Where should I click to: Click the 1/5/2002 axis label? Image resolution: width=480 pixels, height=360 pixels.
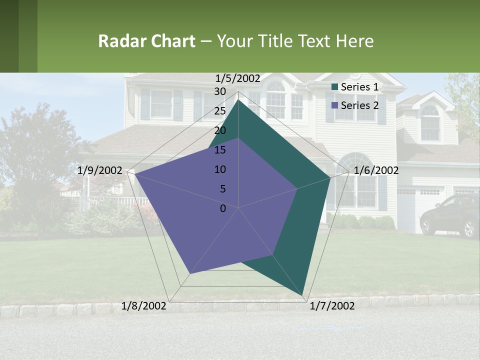point(238,78)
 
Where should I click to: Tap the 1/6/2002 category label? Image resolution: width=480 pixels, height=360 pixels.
point(376,170)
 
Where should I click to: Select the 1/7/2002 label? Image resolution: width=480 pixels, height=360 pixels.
point(332,306)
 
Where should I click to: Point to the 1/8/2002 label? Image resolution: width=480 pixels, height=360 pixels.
point(144,306)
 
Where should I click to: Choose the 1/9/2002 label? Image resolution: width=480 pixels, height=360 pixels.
point(100,170)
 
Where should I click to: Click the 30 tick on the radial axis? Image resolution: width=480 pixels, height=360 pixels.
point(220,91)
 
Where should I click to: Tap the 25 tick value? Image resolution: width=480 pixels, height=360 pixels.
point(220,111)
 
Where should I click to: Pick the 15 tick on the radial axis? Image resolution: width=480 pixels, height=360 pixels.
point(220,150)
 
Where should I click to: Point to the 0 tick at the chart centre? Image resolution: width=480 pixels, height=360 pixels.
point(223,208)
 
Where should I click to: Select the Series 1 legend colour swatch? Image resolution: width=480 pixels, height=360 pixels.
point(335,87)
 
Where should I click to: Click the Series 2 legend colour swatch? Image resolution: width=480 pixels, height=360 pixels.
point(335,105)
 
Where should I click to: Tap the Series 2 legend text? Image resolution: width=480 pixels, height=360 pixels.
point(359,105)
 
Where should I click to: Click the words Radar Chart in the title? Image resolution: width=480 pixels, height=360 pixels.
point(146,41)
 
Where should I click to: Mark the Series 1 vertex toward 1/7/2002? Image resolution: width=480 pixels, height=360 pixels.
point(303,294)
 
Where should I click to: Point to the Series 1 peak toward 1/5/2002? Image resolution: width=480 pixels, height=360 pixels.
point(238,99)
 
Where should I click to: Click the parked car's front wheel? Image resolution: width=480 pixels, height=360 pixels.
point(469,228)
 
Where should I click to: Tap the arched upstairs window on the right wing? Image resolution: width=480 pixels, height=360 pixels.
point(430,123)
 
